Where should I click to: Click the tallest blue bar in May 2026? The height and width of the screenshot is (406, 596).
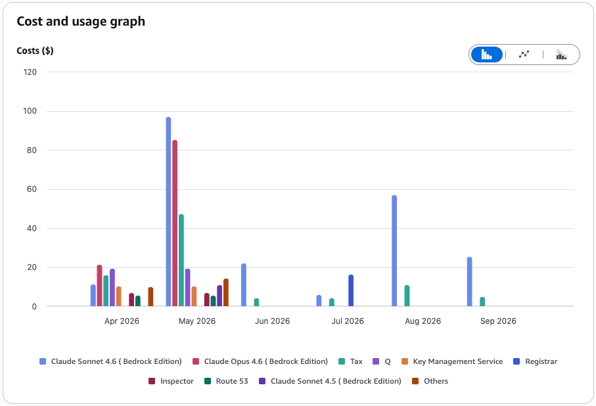point(168,212)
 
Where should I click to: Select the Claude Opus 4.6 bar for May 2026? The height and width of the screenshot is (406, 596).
point(175,223)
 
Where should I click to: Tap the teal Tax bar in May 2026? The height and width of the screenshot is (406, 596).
point(181,260)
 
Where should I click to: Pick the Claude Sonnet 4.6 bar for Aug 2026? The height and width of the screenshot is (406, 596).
point(394,250)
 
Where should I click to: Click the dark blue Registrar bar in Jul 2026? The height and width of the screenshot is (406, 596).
point(351,290)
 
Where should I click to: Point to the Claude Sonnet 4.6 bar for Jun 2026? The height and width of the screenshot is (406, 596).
point(244,284)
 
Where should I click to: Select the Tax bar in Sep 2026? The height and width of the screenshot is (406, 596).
point(482,302)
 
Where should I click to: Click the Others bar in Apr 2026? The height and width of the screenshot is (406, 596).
point(150,296)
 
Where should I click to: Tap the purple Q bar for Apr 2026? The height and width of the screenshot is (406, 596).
point(112,287)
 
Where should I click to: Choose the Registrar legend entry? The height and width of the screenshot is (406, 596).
point(535,361)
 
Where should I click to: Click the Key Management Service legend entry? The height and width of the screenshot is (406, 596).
point(452,361)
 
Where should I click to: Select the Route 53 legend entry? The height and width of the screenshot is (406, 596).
point(226,381)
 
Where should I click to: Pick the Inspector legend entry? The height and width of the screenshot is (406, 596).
point(171,381)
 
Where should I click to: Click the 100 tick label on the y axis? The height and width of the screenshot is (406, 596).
point(30,111)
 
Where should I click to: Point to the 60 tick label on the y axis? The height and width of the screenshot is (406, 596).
point(32,189)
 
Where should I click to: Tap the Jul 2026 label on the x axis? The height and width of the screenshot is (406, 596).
point(348,321)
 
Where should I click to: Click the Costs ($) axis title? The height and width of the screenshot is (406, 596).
point(35,51)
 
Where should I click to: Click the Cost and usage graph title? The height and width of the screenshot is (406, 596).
point(81,21)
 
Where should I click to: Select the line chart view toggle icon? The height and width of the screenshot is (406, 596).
point(524,55)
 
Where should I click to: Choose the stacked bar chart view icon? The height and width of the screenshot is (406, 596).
point(561,55)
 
